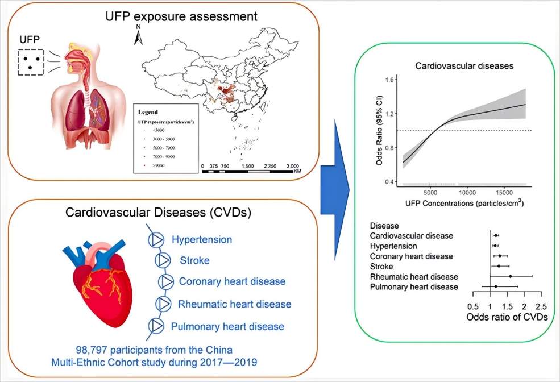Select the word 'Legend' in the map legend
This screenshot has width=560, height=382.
148,112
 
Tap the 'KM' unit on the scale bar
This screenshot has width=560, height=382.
298,171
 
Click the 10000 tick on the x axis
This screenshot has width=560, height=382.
467,193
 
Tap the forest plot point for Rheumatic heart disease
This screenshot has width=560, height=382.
511,276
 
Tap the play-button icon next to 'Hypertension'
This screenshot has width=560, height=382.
155,240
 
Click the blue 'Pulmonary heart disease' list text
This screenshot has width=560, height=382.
227,326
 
